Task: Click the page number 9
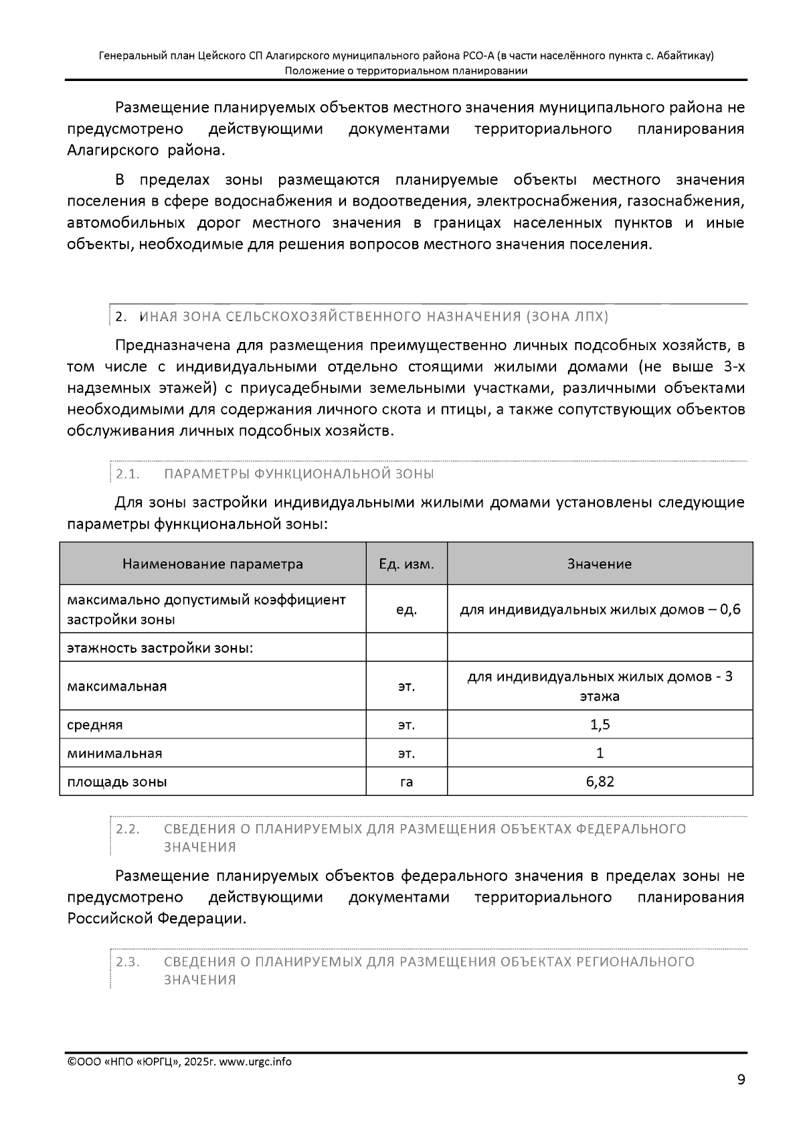coord(740,1079)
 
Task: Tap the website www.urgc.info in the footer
coord(255,1062)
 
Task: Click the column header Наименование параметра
coord(212,564)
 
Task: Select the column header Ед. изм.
coord(406,564)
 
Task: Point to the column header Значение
coord(600,564)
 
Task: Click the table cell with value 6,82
coord(600,781)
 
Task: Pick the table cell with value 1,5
coord(600,724)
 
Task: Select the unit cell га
coord(406,781)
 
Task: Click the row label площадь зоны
coord(117,781)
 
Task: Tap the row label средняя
coord(95,724)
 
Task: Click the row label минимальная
coord(114,753)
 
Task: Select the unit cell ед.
coord(406,609)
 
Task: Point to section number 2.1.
coord(127,474)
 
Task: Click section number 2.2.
coord(127,829)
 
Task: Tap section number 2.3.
coord(127,962)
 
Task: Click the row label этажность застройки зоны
coord(160,648)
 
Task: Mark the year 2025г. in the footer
coord(199,1062)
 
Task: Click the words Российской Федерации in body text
coord(156,918)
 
